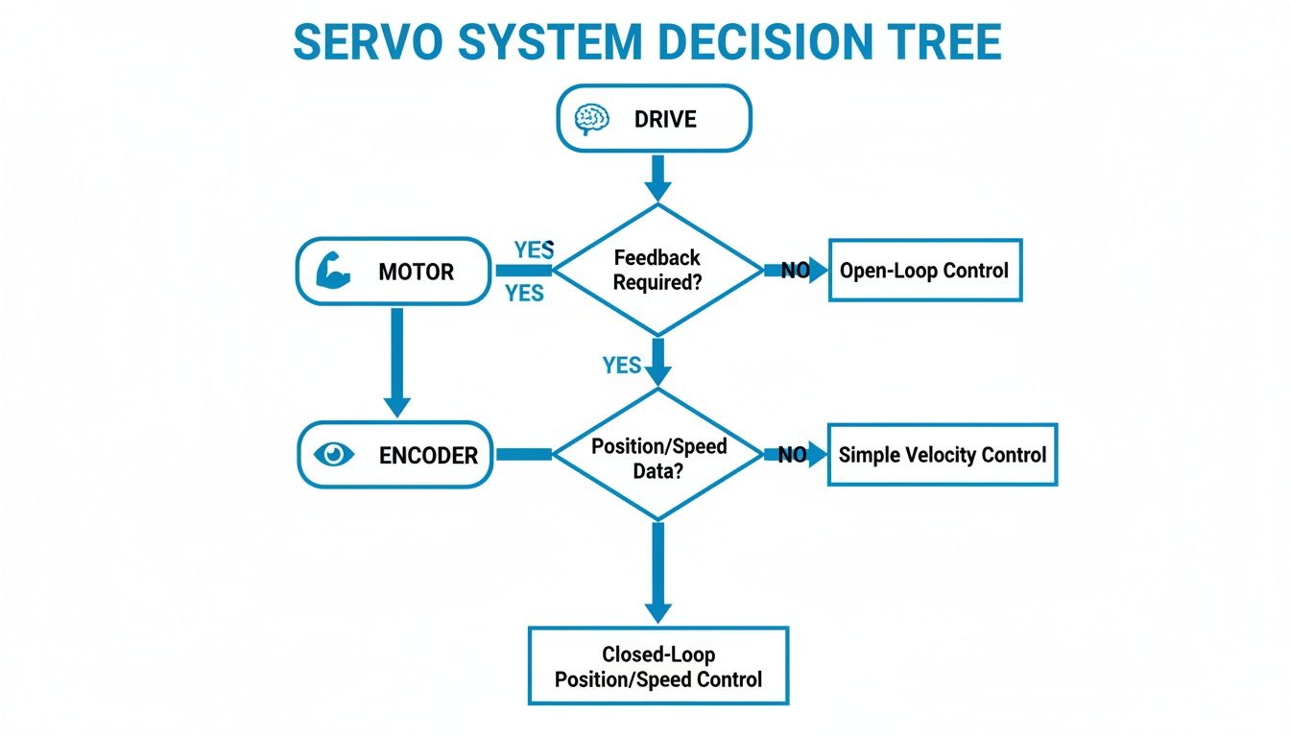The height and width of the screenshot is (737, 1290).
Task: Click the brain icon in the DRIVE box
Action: coord(591,119)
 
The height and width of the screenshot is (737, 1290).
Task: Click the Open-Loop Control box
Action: coord(924,271)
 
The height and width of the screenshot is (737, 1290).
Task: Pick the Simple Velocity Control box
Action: coord(942,454)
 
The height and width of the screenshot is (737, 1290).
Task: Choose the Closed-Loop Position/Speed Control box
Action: coord(658,667)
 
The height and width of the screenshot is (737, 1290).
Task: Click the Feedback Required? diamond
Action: coord(657,271)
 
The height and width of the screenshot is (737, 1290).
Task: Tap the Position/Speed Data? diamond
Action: coord(657,455)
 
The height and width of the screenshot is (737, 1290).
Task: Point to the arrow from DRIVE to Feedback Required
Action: coord(657,177)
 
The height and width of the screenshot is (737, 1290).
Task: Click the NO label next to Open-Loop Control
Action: coord(795,271)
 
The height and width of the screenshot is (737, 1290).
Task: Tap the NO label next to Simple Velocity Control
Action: coord(792,455)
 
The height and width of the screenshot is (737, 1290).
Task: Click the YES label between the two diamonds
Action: coord(622,365)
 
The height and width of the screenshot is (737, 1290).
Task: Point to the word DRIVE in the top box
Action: coord(665,120)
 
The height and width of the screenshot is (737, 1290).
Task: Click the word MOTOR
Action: coord(416,272)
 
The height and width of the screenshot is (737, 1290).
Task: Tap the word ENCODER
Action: coord(428,456)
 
